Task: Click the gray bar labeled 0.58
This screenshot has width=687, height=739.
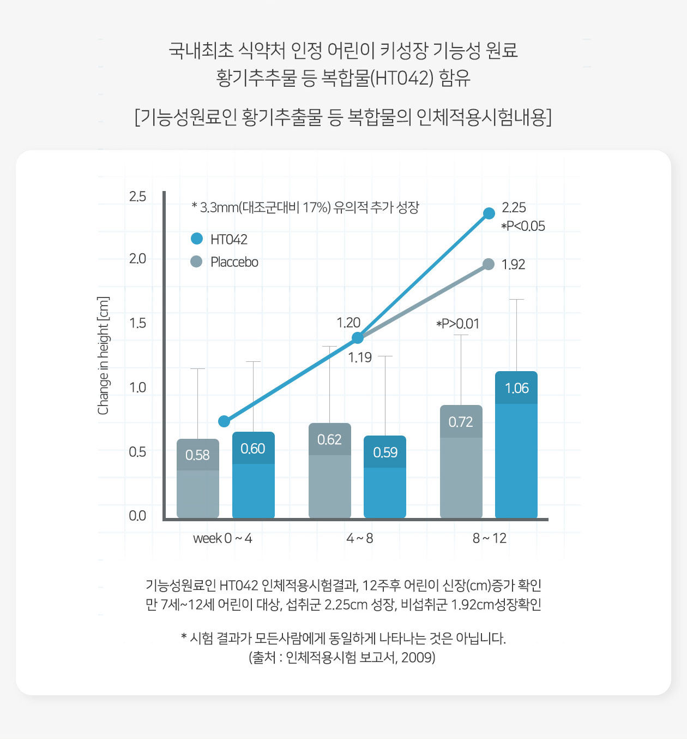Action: pyautogui.click(x=197, y=478)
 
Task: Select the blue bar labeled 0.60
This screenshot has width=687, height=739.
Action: pyautogui.click(x=253, y=475)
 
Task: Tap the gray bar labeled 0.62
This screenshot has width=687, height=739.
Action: pyautogui.click(x=329, y=470)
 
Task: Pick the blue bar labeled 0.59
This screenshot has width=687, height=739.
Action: pyautogui.click(x=385, y=476)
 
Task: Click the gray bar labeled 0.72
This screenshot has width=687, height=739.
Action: pyautogui.click(x=461, y=461)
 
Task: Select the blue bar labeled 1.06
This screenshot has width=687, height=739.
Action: pyautogui.click(x=516, y=444)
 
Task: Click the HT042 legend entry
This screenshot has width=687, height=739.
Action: pyautogui.click(x=220, y=239)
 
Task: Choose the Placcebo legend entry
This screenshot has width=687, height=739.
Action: pyautogui.click(x=225, y=262)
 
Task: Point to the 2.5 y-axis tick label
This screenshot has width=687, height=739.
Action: pyautogui.click(x=137, y=196)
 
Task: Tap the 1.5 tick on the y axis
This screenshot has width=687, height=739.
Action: pyautogui.click(x=137, y=323)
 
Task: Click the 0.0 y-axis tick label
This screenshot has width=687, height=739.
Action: pyautogui.click(x=137, y=516)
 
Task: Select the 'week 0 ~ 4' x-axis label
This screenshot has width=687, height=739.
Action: pyautogui.click(x=222, y=539)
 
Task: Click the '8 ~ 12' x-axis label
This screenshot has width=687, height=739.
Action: pyautogui.click(x=489, y=539)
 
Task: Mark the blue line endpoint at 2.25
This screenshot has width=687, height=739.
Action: pyautogui.click(x=489, y=213)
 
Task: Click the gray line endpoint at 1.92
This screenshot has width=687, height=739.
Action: pyautogui.click(x=489, y=264)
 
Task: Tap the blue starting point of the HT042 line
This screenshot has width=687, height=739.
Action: pyautogui.click(x=224, y=421)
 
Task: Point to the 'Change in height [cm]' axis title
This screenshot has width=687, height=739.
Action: pyautogui.click(x=103, y=356)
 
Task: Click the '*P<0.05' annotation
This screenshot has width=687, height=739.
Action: pyautogui.click(x=523, y=226)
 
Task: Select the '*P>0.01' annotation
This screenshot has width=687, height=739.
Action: pyautogui.click(x=457, y=324)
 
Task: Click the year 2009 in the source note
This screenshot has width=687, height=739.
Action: pyautogui.click(x=417, y=657)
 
